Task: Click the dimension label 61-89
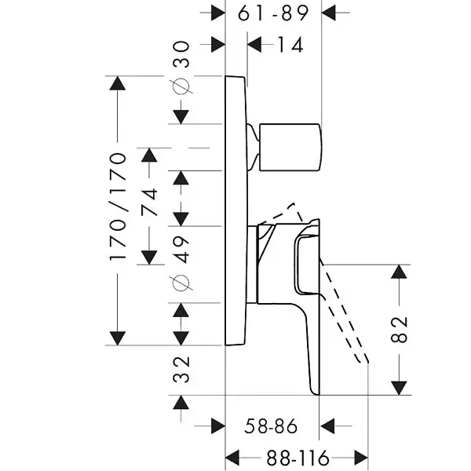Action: tap(273, 13)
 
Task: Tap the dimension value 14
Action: tap(290, 45)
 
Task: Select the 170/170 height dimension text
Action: tap(118, 207)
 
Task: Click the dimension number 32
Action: tap(181, 367)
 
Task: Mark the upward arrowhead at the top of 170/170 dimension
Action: tap(118, 84)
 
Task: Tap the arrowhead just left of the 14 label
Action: tap(256, 45)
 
